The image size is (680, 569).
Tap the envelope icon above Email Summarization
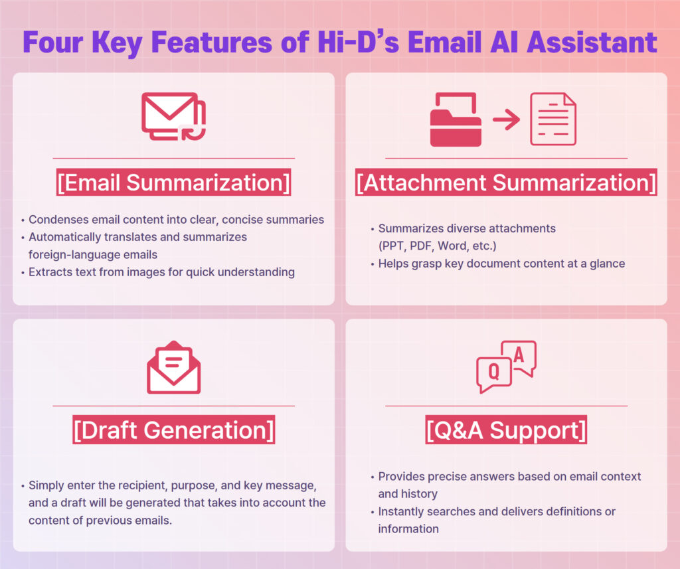pyautogui.click(x=173, y=116)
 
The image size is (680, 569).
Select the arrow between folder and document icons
pyautogui.click(x=506, y=120)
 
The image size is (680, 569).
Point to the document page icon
pyautogui.click(x=553, y=119)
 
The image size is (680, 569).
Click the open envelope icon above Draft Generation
pyautogui.click(x=173, y=367)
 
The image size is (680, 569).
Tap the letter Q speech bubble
pyautogui.click(x=494, y=374)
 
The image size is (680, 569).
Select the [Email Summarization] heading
pyautogui.click(x=173, y=182)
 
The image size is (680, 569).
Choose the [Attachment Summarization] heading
pyautogui.click(x=506, y=182)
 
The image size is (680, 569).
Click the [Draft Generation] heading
pyautogui.click(x=173, y=430)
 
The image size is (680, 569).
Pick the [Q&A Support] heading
pyautogui.click(x=506, y=430)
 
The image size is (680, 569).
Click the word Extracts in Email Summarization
pyautogui.click(x=46, y=272)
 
